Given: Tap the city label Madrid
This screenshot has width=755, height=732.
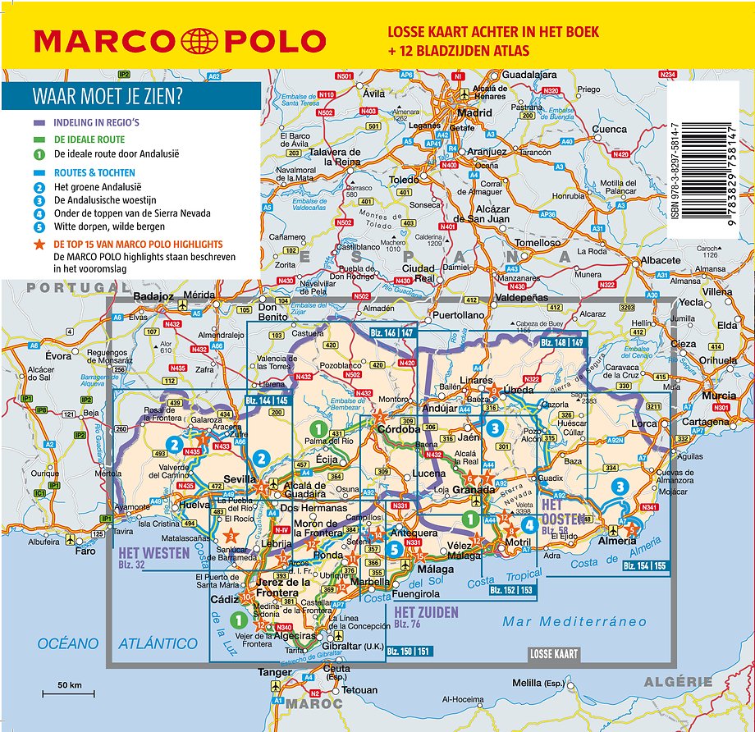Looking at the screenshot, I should point(474,113).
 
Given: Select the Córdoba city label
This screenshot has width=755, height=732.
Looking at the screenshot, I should point(398,429).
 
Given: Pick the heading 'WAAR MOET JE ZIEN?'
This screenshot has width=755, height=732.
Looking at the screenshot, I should point(108,96).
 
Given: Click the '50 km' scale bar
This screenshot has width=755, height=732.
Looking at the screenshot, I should point(69,689).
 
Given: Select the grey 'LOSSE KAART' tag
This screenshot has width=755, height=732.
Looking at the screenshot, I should point(553,654).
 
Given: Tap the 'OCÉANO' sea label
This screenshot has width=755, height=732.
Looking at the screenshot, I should point(68,644).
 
